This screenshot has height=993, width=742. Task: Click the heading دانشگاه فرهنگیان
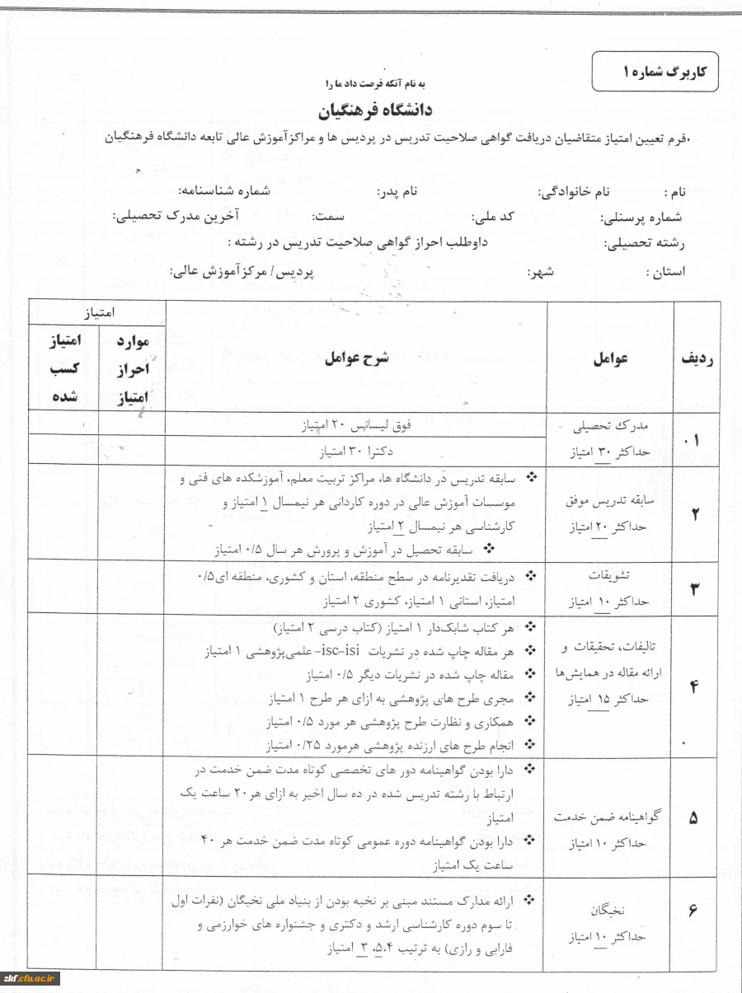[x=375, y=110]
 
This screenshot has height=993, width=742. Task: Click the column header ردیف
[x=696, y=358]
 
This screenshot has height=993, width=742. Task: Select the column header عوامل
[x=611, y=358]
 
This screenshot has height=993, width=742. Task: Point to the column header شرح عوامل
[x=356, y=358]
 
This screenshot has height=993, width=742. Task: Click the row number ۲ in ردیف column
[x=695, y=514]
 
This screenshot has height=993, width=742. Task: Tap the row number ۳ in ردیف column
[x=694, y=588]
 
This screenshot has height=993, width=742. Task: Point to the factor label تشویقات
[x=607, y=575]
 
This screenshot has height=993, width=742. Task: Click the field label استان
[x=665, y=271]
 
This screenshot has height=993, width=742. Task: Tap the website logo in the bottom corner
[x=31, y=978]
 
